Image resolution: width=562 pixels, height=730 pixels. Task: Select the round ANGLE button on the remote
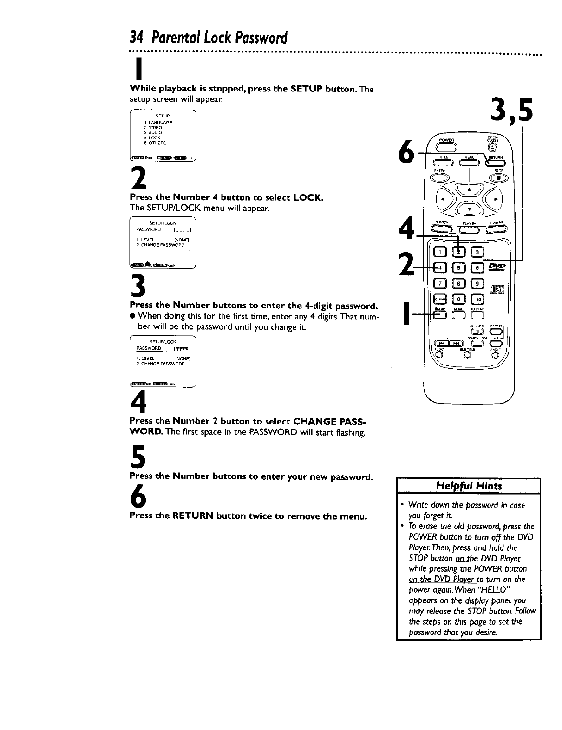tap(496, 356)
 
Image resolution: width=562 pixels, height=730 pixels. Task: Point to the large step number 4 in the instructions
tap(138, 401)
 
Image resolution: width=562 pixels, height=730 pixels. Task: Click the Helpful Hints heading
tap(468, 486)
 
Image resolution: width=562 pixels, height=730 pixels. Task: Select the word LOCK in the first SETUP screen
tap(155, 138)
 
